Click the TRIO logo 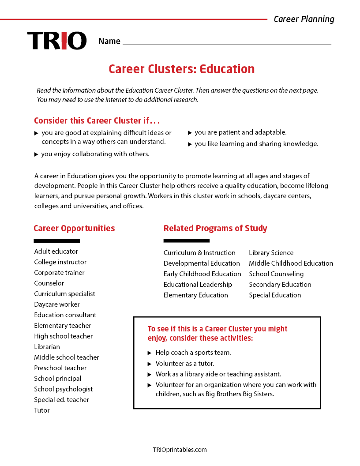pos(57,41)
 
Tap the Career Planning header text pos(304,19)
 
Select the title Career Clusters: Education pos(181,69)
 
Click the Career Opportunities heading pos(74,228)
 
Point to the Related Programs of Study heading pos(215,228)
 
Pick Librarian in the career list pos(47,347)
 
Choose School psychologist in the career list pos(64,389)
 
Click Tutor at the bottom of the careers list pos(42,410)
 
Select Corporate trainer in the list pos(59,273)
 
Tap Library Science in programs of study pos(271,253)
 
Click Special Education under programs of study pos(275,295)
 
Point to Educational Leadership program pos(198,285)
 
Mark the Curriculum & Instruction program pos(199,253)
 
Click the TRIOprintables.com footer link pos(180,450)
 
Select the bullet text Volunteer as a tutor pos(185,364)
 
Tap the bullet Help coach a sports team pos(193,353)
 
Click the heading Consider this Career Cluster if pos(97,120)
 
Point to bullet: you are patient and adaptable pos(240,132)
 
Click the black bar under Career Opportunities pos(56,241)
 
